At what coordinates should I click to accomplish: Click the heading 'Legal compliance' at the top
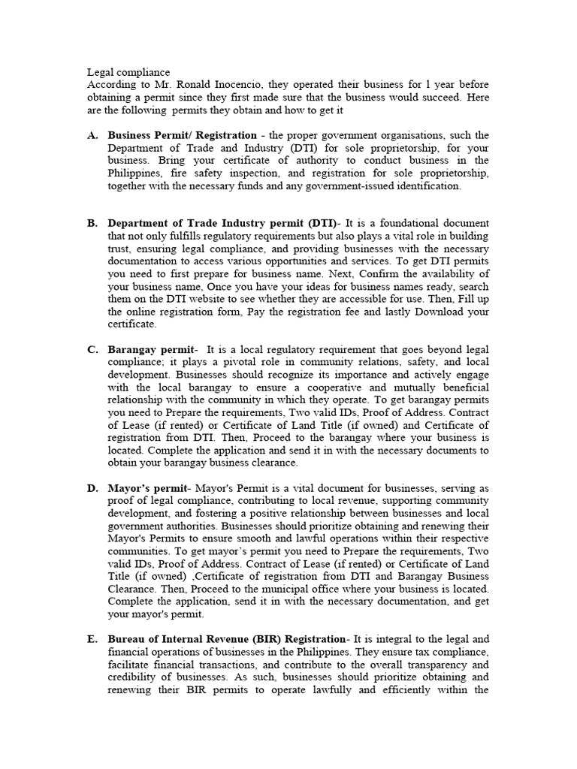click(128, 72)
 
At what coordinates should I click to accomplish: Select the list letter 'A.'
click(93, 135)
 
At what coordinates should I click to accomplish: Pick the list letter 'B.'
click(93, 224)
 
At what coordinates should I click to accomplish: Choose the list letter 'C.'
click(93, 349)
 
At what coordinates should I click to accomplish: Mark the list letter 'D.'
click(93, 488)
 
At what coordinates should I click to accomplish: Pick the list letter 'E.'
click(93, 639)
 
